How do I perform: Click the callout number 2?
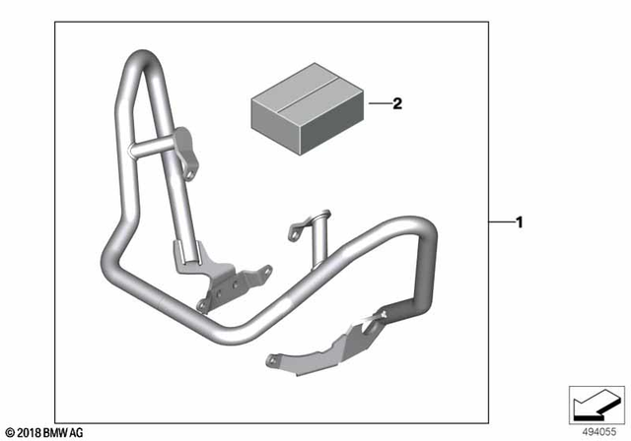click(397, 102)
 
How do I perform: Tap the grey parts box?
click(295, 111)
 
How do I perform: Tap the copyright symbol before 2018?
click(9, 432)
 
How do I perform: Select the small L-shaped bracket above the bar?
click(307, 229)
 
